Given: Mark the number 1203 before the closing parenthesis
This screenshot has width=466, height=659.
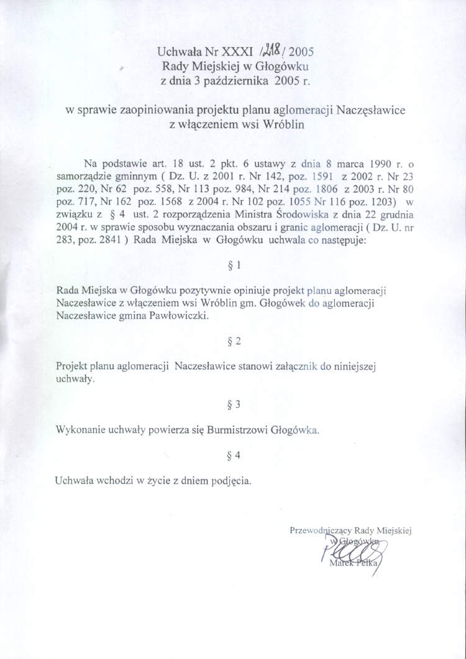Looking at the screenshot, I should point(380,201).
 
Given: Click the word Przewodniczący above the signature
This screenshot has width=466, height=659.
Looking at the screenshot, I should point(321,530).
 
